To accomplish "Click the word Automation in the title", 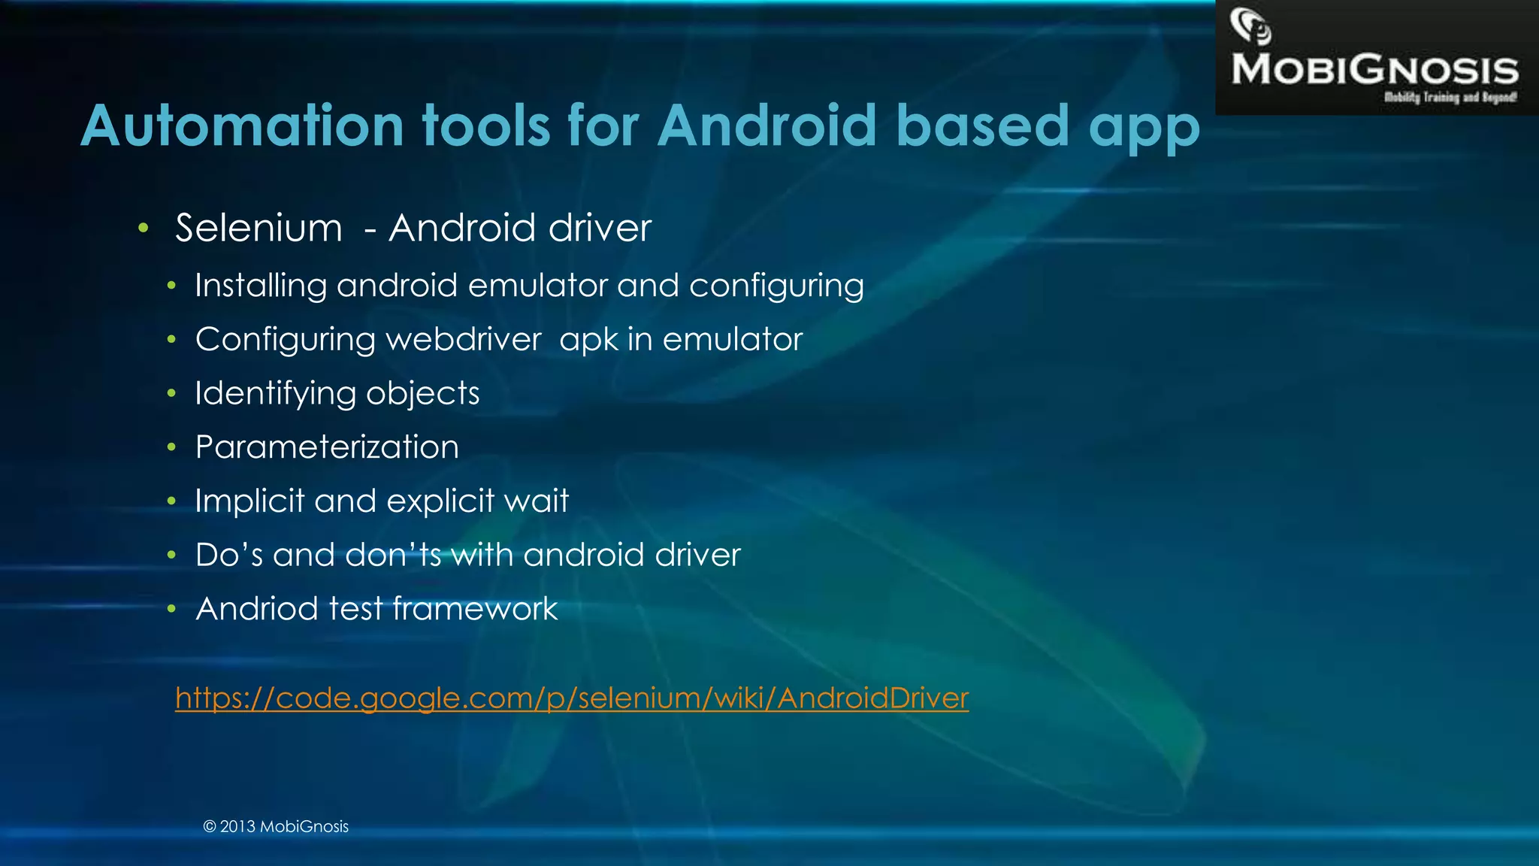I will click(242, 126).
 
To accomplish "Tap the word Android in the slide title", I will click(767, 126).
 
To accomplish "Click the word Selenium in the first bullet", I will click(259, 228).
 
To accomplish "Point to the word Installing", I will click(261, 286).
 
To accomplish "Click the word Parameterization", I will click(327, 447).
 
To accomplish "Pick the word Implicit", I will click(249, 501).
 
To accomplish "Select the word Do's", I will click(228, 555).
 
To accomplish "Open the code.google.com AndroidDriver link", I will click(572, 698).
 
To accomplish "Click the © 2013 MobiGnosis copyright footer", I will click(276, 827).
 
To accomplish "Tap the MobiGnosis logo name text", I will click(1374, 70).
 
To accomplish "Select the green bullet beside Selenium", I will click(144, 228).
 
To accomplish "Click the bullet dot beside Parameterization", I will click(171, 448).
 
